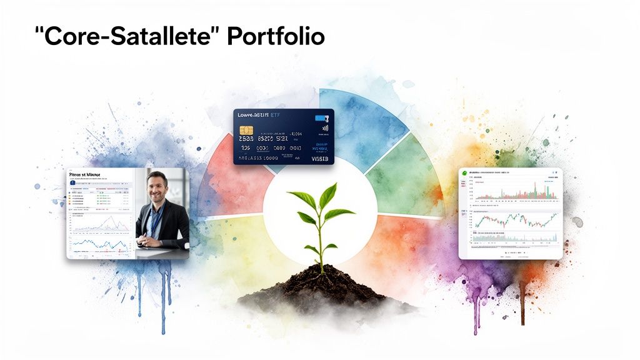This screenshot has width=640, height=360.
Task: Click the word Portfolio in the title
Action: click(276, 37)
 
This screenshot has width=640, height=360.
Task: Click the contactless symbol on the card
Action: click(324, 129)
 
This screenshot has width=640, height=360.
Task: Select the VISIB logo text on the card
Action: click(319, 159)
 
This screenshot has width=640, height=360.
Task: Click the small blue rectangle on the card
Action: click(320, 117)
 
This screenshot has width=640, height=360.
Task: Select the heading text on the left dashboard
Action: click(86, 176)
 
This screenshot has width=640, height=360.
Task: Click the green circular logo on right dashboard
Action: click(464, 172)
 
